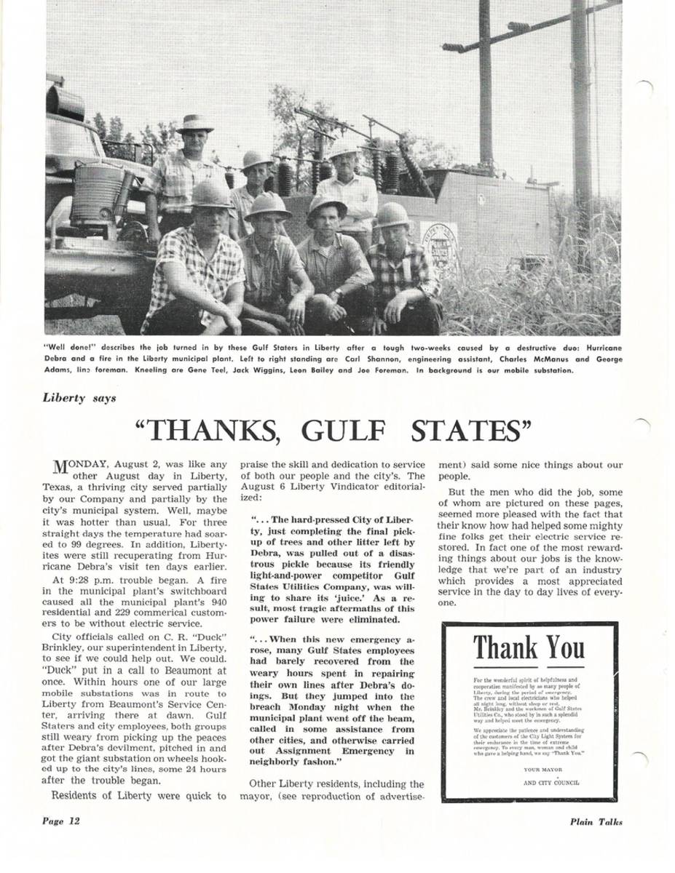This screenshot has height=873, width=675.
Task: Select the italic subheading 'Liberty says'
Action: point(79,398)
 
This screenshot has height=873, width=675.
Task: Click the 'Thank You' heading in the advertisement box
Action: point(529,646)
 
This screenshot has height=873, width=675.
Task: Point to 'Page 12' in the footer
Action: point(60,821)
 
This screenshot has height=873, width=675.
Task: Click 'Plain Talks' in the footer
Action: point(596,822)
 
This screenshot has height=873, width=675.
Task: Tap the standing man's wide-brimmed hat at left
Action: point(195,122)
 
